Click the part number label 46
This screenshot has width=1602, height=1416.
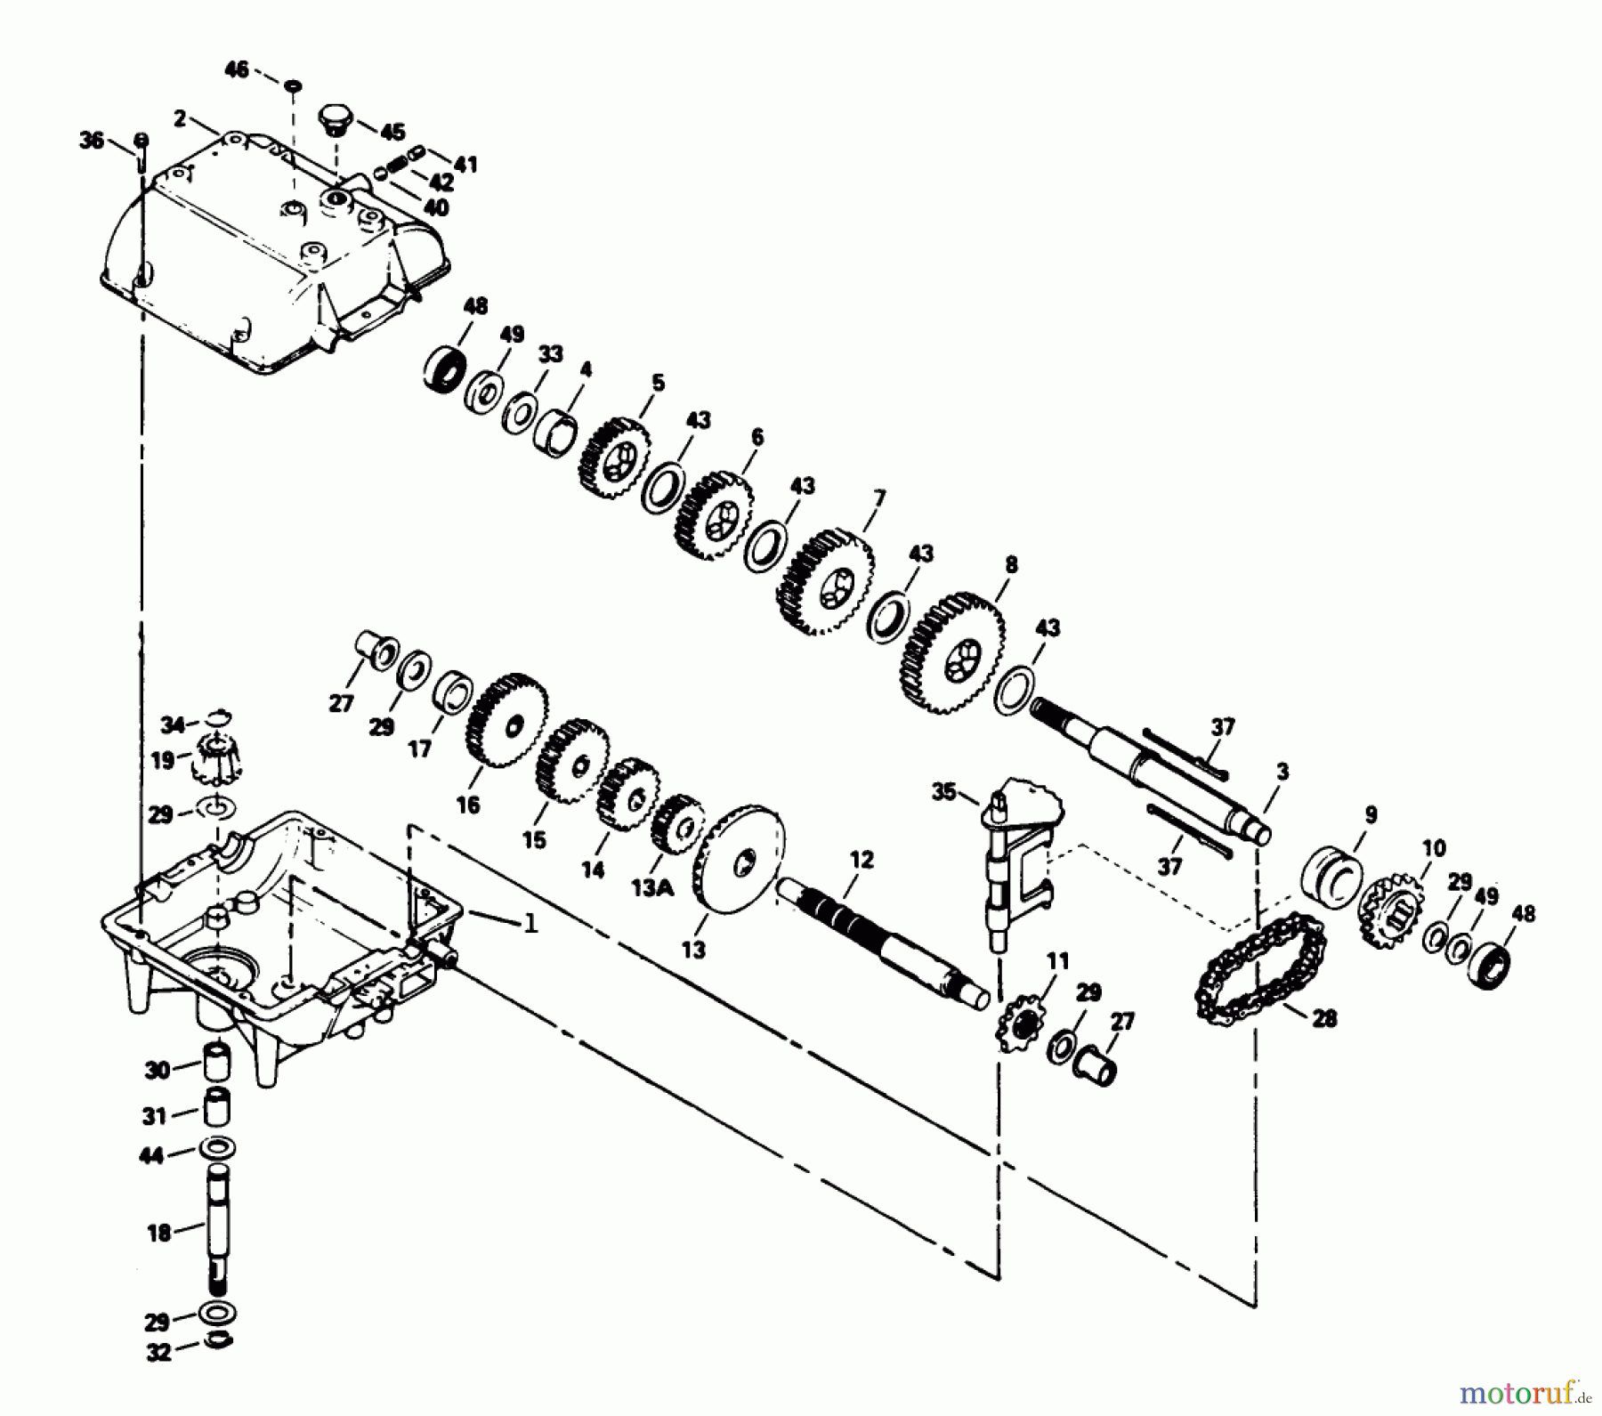click(236, 69)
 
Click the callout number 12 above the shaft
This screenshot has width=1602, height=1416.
click(862, 860)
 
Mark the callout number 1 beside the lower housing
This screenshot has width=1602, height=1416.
click(530, 924)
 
